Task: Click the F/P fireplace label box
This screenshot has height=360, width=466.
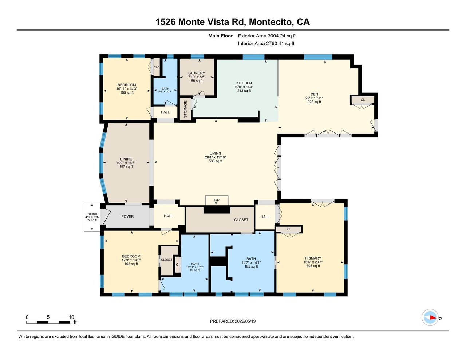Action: click(217, 201)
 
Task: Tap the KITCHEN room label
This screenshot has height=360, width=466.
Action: click(244, 83)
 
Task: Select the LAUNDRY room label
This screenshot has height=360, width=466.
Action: click(197, 73)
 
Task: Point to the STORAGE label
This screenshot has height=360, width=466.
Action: click(185, 109)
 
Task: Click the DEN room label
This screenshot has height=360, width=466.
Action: click(315, 94)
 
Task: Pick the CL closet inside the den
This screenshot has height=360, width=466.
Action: click(363, 100)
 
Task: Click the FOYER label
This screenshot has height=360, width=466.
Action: click(127, 217)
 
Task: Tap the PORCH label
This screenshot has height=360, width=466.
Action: click(92, 214)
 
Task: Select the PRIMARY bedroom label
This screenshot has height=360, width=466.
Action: click(313, 258)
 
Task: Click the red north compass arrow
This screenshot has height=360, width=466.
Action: click(433, 317)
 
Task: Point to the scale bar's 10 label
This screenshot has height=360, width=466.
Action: click(71, 317)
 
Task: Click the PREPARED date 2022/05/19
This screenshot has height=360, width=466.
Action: click(245, 321)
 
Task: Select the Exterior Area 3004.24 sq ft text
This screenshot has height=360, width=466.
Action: click(267, 36)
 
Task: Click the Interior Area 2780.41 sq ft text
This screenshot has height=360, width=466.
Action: click(266, 44)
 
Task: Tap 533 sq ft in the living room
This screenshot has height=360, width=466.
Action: click(216, 161)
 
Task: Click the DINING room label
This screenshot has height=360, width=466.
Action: click(126, 159)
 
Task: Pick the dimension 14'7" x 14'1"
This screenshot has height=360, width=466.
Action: click(251, 263)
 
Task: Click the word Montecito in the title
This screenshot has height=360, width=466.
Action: click(271, 22)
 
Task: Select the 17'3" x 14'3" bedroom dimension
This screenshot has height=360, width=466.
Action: click(131, 260)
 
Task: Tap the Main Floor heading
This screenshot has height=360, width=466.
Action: click(221, 36)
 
